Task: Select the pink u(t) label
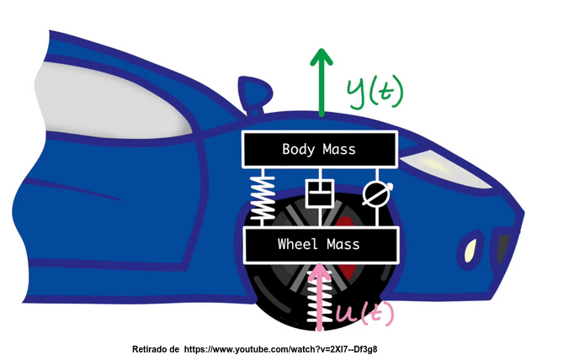click(364, 314)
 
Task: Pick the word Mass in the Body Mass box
click(338, 150)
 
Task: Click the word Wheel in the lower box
click(295, 245)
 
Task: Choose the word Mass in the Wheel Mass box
click(343, 245)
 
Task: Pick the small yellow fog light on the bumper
click(470, 249)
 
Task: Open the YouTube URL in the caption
click(285, 348)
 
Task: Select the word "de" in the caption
click(175, 348)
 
